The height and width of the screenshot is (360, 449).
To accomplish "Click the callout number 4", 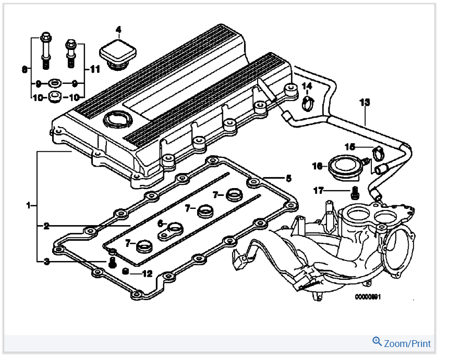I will [118, 29].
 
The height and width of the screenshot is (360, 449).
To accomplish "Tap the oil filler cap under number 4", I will [118, 54].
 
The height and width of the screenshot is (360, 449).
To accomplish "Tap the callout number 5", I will [288, 178].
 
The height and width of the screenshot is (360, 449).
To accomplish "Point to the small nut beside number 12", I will [126, 272].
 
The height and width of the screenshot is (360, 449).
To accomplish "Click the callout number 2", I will [46, 226].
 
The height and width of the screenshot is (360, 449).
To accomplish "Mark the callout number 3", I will [46, 261].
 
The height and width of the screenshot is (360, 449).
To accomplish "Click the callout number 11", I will [94, 68].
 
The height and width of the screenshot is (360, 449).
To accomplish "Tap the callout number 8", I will [24, 68].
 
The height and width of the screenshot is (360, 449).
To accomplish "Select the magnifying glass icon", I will [377, 342].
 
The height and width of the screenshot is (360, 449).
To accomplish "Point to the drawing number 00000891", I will [368, 297].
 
